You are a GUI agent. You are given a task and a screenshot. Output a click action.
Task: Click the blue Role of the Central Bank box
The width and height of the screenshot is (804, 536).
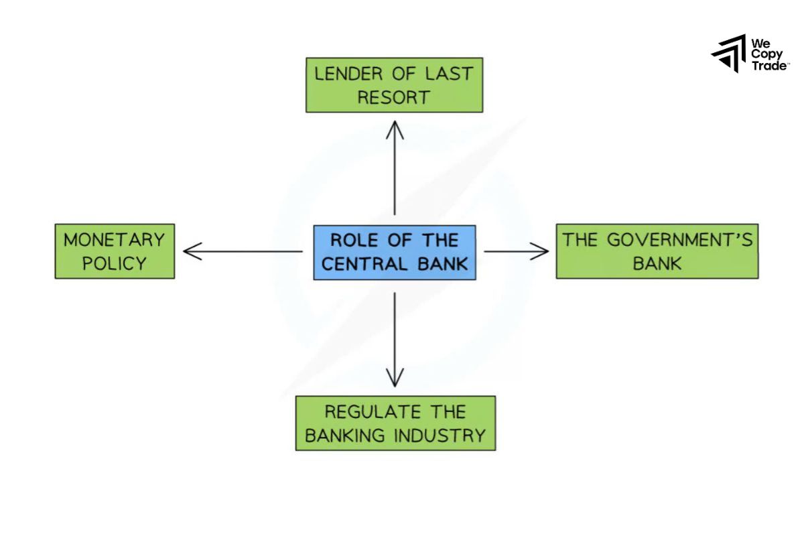[395, 252]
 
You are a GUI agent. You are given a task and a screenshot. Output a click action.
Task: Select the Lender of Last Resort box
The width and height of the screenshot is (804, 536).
[394, 85]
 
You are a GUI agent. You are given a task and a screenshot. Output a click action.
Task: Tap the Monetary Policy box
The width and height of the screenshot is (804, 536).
[115, 251]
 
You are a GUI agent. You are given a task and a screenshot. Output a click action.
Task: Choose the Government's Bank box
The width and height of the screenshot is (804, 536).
[657, 251]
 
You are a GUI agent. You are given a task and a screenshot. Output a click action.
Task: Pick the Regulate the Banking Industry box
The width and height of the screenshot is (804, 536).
[395, 423]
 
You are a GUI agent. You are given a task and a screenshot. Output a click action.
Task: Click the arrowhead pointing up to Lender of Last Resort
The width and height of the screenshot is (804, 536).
[395, 127]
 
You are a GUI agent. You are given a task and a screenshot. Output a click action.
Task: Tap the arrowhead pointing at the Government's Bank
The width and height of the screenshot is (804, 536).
[541, 251]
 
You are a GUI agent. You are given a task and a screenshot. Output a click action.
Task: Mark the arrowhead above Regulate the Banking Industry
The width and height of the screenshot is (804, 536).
[395, 379]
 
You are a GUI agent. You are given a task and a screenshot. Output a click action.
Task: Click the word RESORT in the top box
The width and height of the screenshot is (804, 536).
[393, 98]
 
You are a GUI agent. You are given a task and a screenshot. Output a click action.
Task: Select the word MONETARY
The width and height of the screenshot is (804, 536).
[115, 240]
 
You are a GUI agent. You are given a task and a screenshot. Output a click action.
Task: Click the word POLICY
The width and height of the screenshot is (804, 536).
[115, 263]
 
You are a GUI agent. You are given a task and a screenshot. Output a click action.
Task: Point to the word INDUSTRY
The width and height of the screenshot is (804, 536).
[440, 435]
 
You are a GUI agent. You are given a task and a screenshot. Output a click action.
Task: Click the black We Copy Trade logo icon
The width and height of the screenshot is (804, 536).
[729, 53]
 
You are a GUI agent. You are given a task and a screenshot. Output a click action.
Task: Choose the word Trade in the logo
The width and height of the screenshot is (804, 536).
[768, 65]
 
